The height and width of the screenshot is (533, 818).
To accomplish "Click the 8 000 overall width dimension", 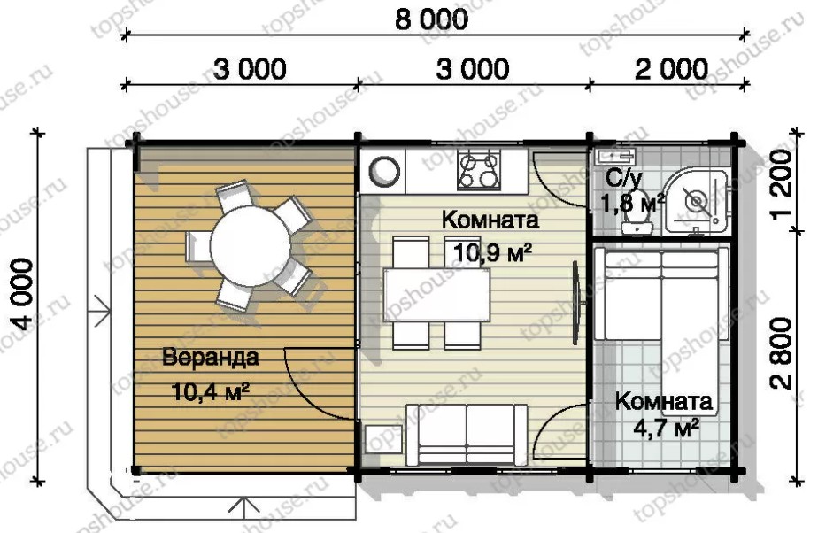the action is coord(431,19).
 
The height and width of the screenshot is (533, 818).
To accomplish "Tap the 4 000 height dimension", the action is coord(23,294).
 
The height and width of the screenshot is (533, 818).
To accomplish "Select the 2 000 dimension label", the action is coord(671,69).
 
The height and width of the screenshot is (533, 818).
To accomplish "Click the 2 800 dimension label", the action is coord(782,353).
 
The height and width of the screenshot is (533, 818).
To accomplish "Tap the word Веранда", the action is coord(210,358).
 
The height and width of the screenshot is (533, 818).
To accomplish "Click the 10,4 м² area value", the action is coord(209,391).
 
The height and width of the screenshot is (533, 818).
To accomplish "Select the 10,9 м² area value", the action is coord(492,253).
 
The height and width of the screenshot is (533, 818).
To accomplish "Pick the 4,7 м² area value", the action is coord(667,429).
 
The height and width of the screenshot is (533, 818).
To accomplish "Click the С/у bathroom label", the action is coord(624,180).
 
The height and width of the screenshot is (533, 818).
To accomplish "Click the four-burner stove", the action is coord(479,170).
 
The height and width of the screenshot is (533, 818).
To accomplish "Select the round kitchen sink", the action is coord(384,171).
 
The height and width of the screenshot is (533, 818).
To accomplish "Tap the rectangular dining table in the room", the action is coord(436,294).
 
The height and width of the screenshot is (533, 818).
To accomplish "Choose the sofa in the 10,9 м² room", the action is coord(467,435).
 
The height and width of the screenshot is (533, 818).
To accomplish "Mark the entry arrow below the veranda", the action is coord(244,508).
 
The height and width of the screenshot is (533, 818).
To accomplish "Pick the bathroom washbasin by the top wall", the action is coord(616,155).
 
